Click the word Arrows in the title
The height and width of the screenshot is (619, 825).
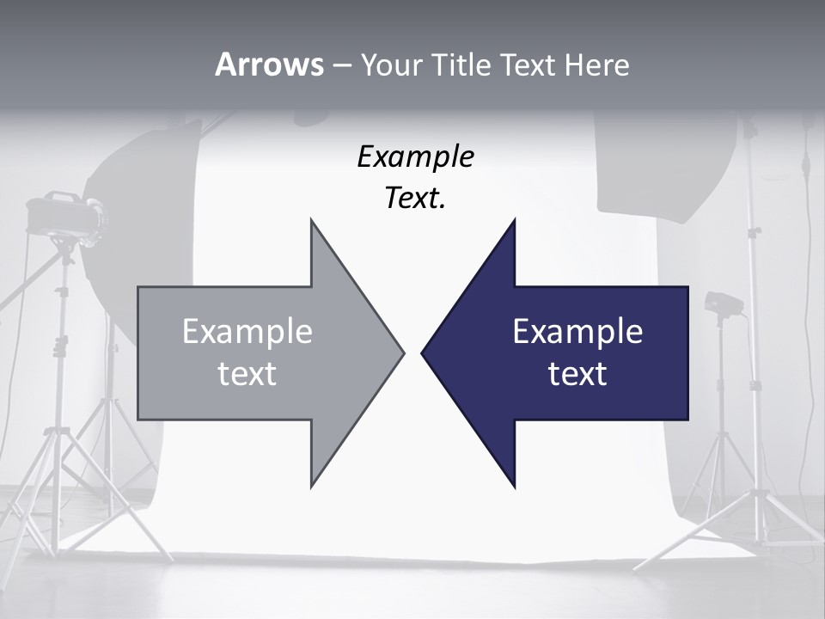tap(268, 64)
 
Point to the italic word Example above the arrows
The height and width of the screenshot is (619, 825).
tap(415, 157)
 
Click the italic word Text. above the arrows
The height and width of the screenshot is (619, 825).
tap(415, 199)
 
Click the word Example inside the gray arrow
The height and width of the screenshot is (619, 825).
tap(247, 331)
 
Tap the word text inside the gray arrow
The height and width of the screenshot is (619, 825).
tap(247, 373)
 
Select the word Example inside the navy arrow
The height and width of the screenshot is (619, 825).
tap(577, 331)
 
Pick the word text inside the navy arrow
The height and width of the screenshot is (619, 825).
tap(577, 373)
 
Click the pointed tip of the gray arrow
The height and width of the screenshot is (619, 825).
tap(402, 352)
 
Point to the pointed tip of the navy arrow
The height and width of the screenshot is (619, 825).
tap(423, 352)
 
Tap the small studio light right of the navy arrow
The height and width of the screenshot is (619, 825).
tap(722, 303)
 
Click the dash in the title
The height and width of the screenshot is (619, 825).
tap(341, 65)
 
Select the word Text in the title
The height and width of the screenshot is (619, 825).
tap(529, 64)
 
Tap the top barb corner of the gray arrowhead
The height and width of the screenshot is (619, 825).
tap(311, 220)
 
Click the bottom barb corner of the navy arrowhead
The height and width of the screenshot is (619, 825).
tap(515, 487)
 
